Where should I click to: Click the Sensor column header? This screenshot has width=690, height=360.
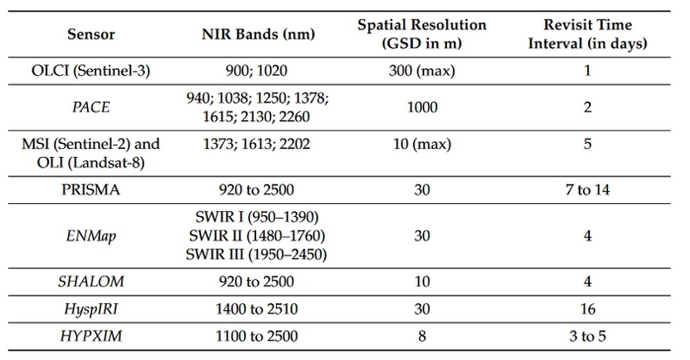[x=91, y=34]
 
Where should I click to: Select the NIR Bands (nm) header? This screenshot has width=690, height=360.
[x=258, y=34]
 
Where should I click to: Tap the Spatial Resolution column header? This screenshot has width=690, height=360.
[x=422, y=34]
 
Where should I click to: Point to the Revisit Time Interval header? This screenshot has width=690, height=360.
[x=587, y=34]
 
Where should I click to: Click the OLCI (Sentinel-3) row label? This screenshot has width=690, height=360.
[x=91, y=71]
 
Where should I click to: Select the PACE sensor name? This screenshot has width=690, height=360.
[x=91, y=107]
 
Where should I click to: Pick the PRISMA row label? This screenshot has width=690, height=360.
[x=91, y=190]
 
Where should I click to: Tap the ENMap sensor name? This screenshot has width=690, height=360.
[x=91, y=236]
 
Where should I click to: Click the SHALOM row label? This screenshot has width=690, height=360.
[x=91, y=282]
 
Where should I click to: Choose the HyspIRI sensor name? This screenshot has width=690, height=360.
[x=91, y=309]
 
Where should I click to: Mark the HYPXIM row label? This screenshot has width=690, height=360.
[x=91, y=336]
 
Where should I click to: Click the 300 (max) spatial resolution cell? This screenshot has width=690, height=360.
[x=422, y=71]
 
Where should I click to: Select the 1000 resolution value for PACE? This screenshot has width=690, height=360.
[x=422, y=107]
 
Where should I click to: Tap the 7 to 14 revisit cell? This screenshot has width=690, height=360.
[x=587, y=190]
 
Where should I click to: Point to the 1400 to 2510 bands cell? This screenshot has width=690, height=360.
[x=256, y=309]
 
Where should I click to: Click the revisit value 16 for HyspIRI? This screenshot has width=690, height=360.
[x=587, y=309]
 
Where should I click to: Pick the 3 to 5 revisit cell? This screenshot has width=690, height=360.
[x=587, y=336]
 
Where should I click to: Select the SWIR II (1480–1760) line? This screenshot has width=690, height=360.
[x=257, y=236]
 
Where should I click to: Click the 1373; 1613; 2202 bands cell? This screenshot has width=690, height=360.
[x=256, y=145]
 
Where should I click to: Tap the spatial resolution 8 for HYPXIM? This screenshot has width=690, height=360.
[x=422, y=336]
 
